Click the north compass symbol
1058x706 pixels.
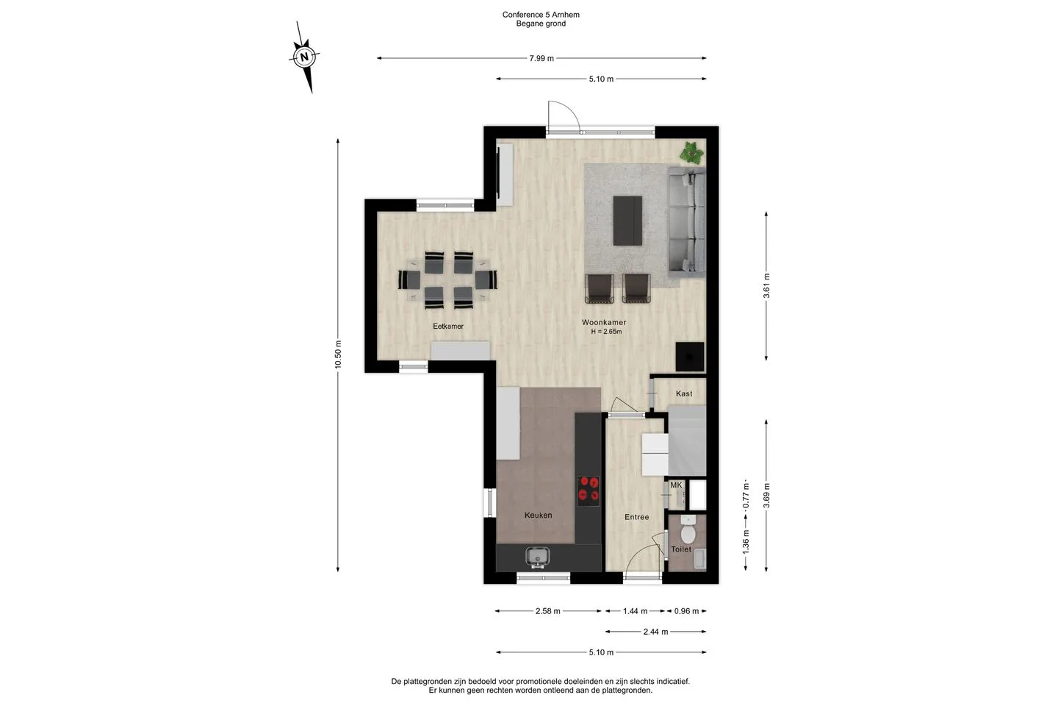[x=304, y=57]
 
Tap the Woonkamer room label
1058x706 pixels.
[x=604, y=323]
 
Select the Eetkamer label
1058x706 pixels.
[x=448, y=327]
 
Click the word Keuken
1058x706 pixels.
[x=538, y=516]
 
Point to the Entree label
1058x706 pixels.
[x=636, y=517]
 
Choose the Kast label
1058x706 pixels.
[x=684, y=394]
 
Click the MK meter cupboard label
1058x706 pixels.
[x=677, y=485]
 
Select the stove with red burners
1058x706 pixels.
[x=589, y=491]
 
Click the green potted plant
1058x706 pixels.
[x=691, y=153]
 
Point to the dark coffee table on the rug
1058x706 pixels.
[x=627, y=221]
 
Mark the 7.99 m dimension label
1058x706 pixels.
[x=541, y=59]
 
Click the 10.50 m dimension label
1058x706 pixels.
[x=338, y=354]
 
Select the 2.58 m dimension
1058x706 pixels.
[x=548, y=611]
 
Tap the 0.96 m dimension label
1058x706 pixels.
[x=686, y=611]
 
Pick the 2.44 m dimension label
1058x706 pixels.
[x=655, y=632]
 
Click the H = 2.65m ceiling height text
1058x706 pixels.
[x=606, y=332]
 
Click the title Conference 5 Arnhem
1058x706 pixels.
[x=541, y=15]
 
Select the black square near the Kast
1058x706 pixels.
[x=690, y=357]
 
